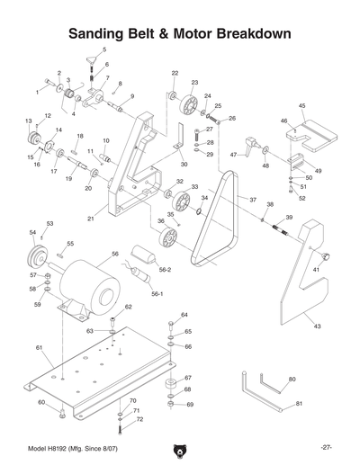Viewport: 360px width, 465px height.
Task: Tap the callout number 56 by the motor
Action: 115,255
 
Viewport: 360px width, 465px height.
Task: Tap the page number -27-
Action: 326,447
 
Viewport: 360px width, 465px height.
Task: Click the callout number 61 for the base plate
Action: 39,347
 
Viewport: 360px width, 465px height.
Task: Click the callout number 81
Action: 300,404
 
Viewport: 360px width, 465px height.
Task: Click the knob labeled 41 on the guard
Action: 325,258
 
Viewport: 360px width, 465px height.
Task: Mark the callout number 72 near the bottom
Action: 139,419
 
